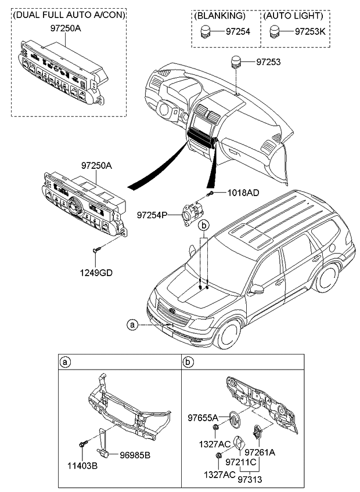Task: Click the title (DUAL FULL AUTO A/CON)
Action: click(69, 15)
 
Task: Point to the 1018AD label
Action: click(242, 192)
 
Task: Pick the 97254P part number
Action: click(152, 215)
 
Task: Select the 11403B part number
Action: click(77, 465)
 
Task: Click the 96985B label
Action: click(135, 455)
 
